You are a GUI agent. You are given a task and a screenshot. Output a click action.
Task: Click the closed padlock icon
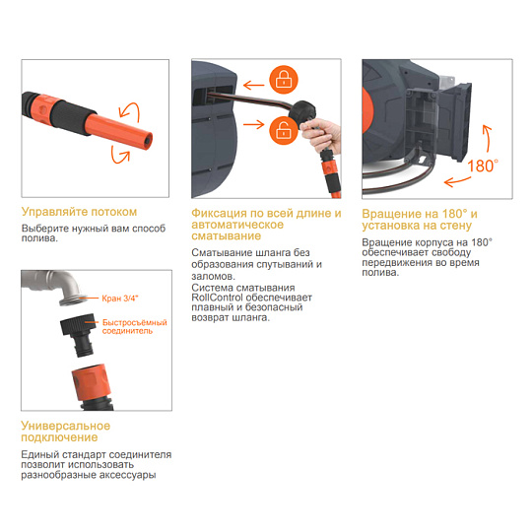click(284, 80)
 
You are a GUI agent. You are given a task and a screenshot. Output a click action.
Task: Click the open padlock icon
click(284, 130)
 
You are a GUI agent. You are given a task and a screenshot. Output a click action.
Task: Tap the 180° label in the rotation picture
click(483, 166)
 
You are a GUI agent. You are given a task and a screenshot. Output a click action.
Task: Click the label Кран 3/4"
click(120, 299)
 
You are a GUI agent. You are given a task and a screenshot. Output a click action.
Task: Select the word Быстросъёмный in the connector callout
click(135, 322)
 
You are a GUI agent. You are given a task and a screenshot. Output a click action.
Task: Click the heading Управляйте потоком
click(79, 212)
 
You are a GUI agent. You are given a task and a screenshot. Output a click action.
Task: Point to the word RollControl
click(217, 298)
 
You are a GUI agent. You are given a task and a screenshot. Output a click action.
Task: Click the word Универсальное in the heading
click(65, 426)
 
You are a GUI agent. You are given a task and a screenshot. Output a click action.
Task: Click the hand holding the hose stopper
click(321, 134)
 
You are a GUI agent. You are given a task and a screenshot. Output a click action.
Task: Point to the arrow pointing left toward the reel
click(254, 85)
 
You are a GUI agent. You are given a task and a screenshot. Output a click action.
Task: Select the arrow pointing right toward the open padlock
click(254, 124)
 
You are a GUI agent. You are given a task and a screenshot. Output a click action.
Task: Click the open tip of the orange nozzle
click(147, 140)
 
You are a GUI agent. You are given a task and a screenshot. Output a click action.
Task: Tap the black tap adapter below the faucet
click(79, 334)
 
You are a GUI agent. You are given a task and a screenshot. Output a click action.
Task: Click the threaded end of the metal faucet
click(73, 299)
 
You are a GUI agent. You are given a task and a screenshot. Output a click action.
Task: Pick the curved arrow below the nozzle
click(119, 156)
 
